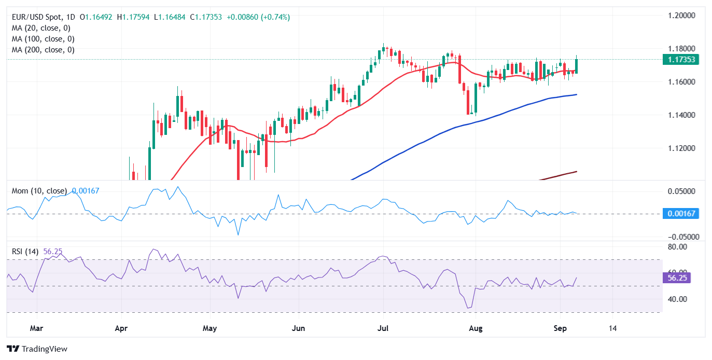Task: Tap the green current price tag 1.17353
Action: (680, 60)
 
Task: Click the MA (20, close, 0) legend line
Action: (41, 28)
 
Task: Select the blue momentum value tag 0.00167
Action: (680, 213)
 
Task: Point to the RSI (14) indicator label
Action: (26, 252)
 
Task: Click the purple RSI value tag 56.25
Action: (680, 278)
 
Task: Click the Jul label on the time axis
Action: (383, 328)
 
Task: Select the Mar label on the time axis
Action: (36, 328)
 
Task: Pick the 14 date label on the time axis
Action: (613, 328)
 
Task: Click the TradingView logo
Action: (37, 349)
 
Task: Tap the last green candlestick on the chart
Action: (577, 65)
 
